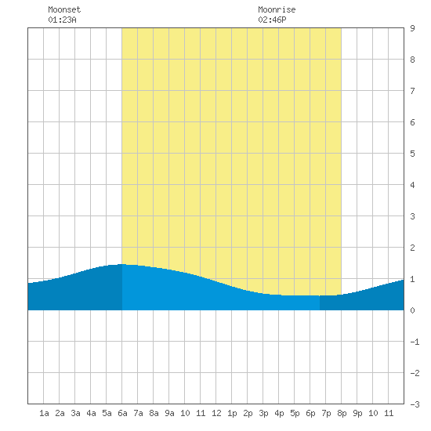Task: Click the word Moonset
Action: click(x=64, y=9)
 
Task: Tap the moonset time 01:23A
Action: click(x=62, y=20)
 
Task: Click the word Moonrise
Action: click(x=277, y=9)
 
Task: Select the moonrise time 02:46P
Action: click(x=272, y=20)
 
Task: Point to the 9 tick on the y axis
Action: click(x=412, y=28)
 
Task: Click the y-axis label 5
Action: click(x=412, y=154)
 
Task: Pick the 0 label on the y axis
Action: click(x=412, y=310)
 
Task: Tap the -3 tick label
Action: click(x=415, y=404)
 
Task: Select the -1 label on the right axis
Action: click(x=415, y=342)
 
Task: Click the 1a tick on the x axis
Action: click(x=44, y=413)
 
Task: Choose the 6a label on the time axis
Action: click(x=122, y=413)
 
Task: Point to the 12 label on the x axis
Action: click(x=216, y=413)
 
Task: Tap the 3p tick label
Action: click(x=263, y=414)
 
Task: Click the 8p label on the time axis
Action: click(x=342, y=414)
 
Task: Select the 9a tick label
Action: click(x=169, y=413)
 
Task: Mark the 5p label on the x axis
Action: click(x=295, y=414)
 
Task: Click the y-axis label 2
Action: click(x=412, y=248)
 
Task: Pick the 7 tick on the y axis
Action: click(x=412, y=91)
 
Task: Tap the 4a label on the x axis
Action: click(x=91, y=413)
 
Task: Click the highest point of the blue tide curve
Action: click(x=121, y=264)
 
